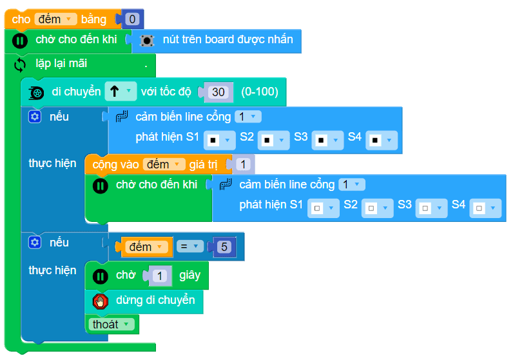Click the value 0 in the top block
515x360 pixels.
(132, 19)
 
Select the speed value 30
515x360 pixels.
(219, 92)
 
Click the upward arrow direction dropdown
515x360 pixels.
(121, 92)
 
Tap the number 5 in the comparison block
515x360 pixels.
(223, 247)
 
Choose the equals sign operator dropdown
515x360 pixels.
(190, 247)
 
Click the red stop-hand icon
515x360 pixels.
(100, 301)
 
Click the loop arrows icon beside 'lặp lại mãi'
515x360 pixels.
(20, 65)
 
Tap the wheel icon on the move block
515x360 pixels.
(37, 92)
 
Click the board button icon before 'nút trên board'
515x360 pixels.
(147, 40)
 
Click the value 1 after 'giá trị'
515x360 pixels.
(242, 165)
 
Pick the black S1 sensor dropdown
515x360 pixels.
(217, 139)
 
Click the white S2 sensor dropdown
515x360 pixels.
(374, 208)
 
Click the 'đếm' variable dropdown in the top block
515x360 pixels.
(55, 19)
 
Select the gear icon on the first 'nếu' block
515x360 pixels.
(35, 117)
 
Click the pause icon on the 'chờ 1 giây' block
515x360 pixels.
(100, 276)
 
